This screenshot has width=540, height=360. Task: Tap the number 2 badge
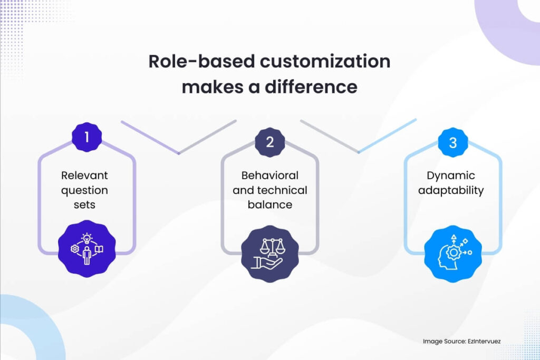[269, 142]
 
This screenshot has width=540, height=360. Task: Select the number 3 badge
[452, 142]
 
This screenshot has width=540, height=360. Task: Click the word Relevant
[84, 176]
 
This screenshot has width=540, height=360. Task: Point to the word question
[84, 190]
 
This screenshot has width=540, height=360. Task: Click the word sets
[84, 204]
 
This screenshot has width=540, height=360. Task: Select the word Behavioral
[269, 176]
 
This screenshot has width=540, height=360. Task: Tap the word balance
[269, 204]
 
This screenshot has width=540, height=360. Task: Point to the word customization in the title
[325, 62]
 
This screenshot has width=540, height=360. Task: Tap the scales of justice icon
[269, 245]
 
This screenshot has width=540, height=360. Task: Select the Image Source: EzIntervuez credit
[461, 342]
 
